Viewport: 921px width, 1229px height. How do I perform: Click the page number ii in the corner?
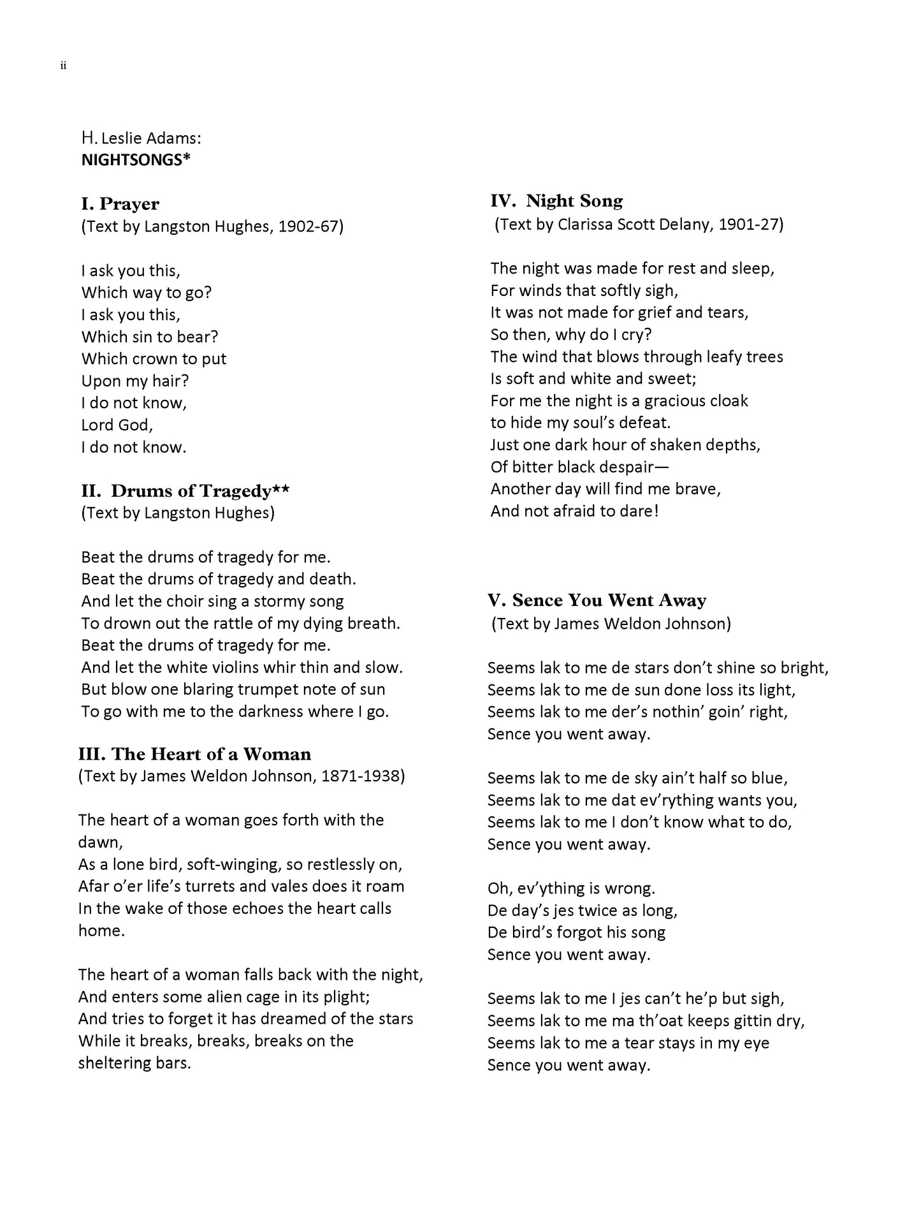click(x=63, y=66)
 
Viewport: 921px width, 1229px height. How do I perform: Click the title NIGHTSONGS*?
click(x=136, y=160)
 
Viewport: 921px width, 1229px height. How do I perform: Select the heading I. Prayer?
click(x=120, y=204)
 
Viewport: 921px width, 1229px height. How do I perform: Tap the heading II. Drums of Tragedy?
click(x=185, y=491)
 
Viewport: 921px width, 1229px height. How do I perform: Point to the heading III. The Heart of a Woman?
click(x=194, y=754)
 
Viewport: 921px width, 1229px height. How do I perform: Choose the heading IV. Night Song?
click(x=556, y=202)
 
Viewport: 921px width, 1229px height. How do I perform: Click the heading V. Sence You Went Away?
click(x=597, y=601)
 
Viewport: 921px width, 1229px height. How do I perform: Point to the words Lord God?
click(x=117, y=425)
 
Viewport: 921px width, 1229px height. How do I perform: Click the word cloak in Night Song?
click(x=727, y=401)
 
